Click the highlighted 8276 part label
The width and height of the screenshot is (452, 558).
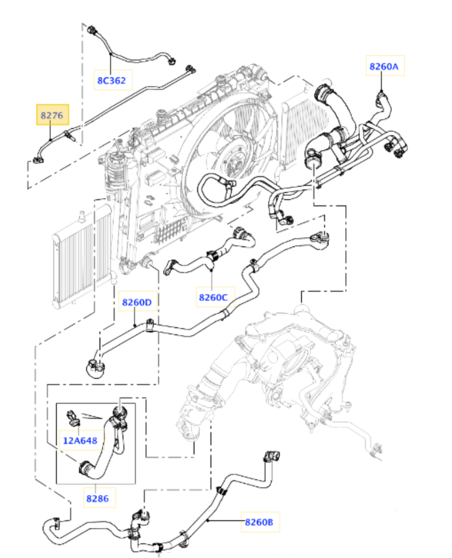tap(52, 115)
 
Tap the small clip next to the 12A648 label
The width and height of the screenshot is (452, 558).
tap(73, 418)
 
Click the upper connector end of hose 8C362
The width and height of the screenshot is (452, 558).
tap(92, 30)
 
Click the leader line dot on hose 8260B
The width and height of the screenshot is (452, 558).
tap(207, 520)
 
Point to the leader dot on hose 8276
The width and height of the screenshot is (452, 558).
tap(51, 140)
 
